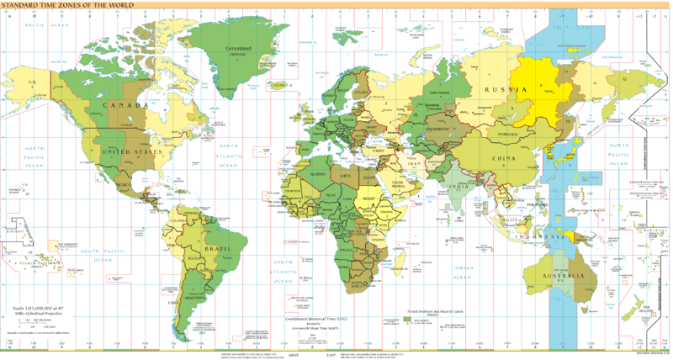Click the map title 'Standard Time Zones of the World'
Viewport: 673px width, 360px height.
[56, 7]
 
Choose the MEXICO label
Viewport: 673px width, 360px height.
[123, 183]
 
